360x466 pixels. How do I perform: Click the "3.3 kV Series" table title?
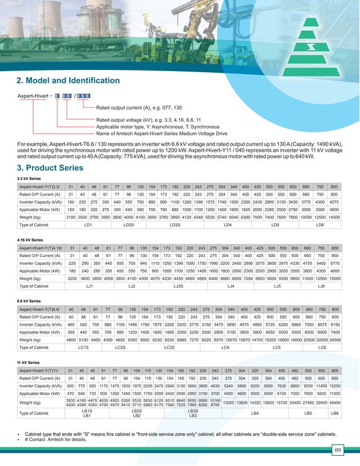[29, 178]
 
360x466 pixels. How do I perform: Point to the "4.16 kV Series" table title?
[30, 239]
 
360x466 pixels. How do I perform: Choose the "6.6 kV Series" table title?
[29, 301]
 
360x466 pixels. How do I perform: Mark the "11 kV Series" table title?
[29, 362]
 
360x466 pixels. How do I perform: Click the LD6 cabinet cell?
[320, 225]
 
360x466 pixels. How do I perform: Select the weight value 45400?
[335, 403]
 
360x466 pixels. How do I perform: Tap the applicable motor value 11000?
[335, 393]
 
